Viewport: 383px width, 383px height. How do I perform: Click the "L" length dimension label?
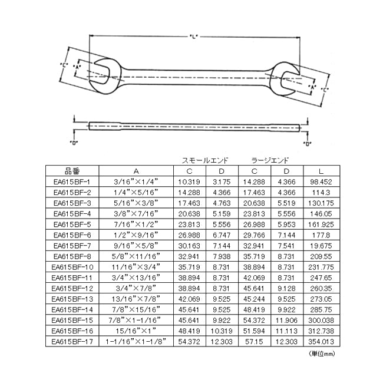[x=194, y=37]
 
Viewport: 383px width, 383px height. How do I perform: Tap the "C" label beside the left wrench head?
[x=64, y=65]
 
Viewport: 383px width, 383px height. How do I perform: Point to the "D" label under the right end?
[x=307, y=144]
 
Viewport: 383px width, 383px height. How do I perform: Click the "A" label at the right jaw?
[x=312, y=87]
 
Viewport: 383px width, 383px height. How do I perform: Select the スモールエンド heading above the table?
[x=205, y=160]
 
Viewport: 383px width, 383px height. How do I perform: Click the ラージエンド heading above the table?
[x=270, y=160]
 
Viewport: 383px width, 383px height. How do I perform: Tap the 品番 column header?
[x=72, y=171]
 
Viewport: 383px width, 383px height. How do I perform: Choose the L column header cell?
[x=321, y=171]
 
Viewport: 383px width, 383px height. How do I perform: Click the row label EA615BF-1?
[x=72, y=181]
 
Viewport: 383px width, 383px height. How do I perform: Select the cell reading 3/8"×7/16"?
[x=136, y=214]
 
